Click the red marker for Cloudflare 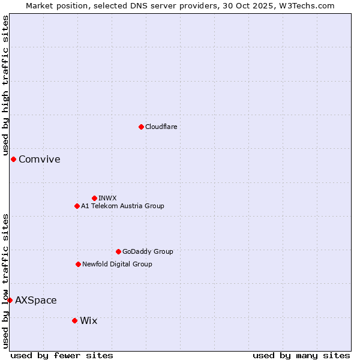pos(141,127)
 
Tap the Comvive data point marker pos(13,159)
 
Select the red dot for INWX pos(94,198)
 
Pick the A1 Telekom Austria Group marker pos(77,206)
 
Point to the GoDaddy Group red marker pos(118,251)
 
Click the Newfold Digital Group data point pos(78,264)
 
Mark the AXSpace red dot pos(10,300)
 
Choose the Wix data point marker pos(74,320)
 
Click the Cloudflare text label pos(161,127)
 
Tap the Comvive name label pos(40,159)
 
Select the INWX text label pos(107,198)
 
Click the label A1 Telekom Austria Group pos(122,206)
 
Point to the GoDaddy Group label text pos(148,251)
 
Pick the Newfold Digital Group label pos(117,264)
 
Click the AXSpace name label pos(36,300)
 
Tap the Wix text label pos(88,320)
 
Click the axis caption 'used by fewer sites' pos(62,355)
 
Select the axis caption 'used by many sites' pos(301,355)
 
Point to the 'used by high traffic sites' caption pos(6,86)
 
